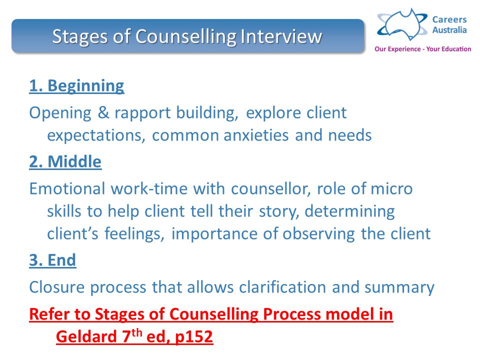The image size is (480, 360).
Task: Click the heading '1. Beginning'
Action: click(76, 86)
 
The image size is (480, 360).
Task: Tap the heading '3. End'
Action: click(52, 260)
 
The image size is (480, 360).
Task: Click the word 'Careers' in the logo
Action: click(449, 20)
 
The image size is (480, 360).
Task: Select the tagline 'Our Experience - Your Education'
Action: click(422, 49)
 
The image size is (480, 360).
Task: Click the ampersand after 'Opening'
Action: click(103, 112)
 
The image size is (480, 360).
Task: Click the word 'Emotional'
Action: click(67, 188)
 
